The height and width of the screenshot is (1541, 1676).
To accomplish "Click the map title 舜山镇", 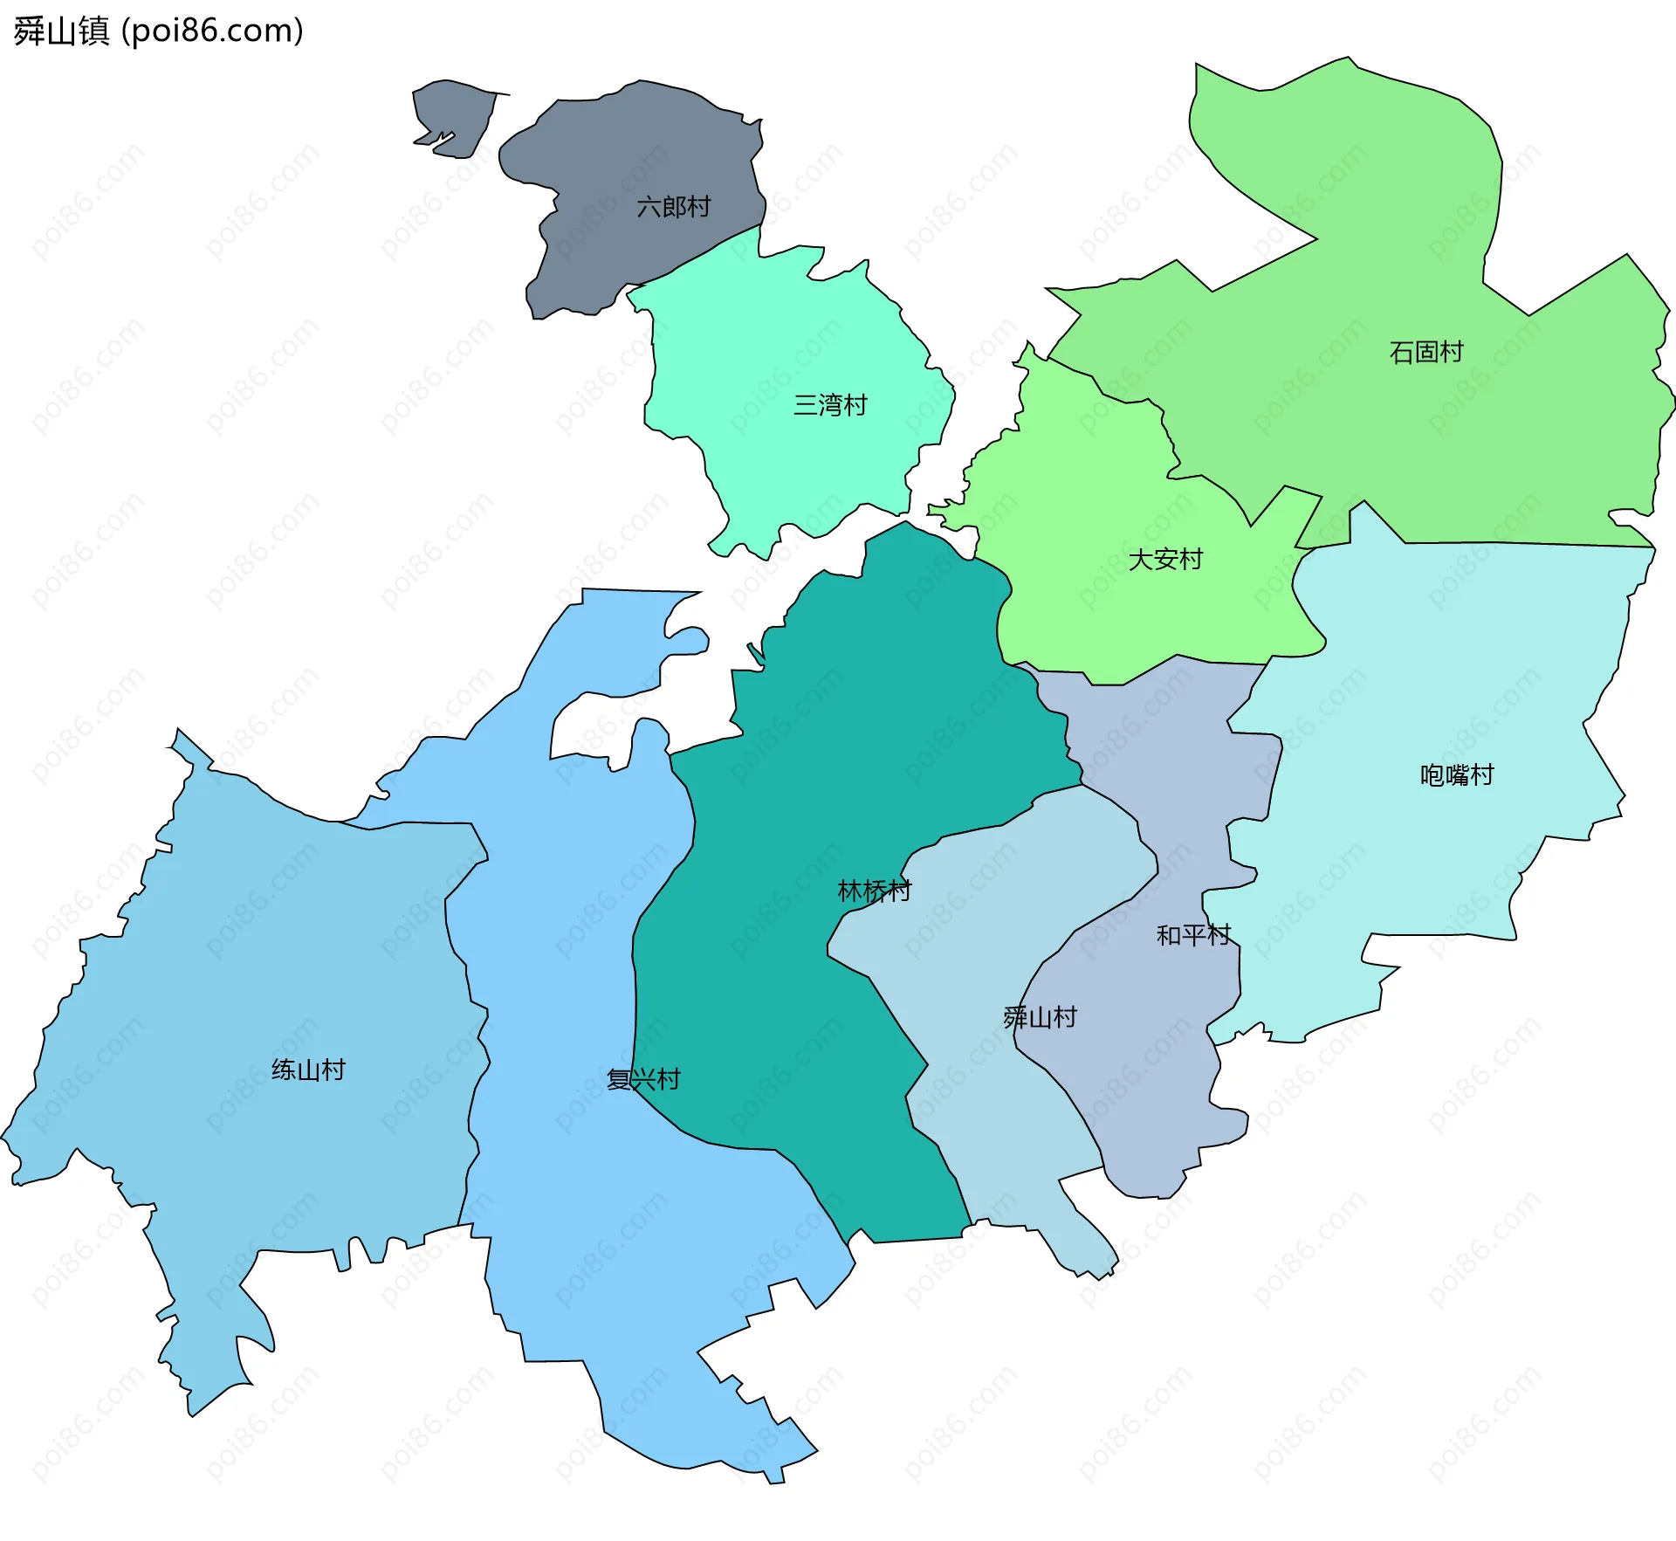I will point(61,31).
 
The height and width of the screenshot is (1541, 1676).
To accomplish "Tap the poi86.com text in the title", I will point(212,31).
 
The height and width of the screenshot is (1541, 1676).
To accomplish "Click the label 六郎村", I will point(673,207).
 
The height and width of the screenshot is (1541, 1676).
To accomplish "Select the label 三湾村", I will point(829,405).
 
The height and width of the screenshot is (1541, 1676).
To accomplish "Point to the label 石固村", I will point(1425,352).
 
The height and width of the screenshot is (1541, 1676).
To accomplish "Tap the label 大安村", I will point(1165,559).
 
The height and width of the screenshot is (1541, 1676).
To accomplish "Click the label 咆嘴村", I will point(1456,774).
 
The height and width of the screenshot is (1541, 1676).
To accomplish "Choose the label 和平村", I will point(1192,935).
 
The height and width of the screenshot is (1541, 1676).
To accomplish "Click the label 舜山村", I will point(1040,1017).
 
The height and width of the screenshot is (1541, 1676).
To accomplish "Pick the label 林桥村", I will point(874,891).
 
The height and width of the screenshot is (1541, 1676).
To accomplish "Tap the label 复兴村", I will point(643,1079).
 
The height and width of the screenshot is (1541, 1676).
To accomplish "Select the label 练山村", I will point(308,1070).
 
